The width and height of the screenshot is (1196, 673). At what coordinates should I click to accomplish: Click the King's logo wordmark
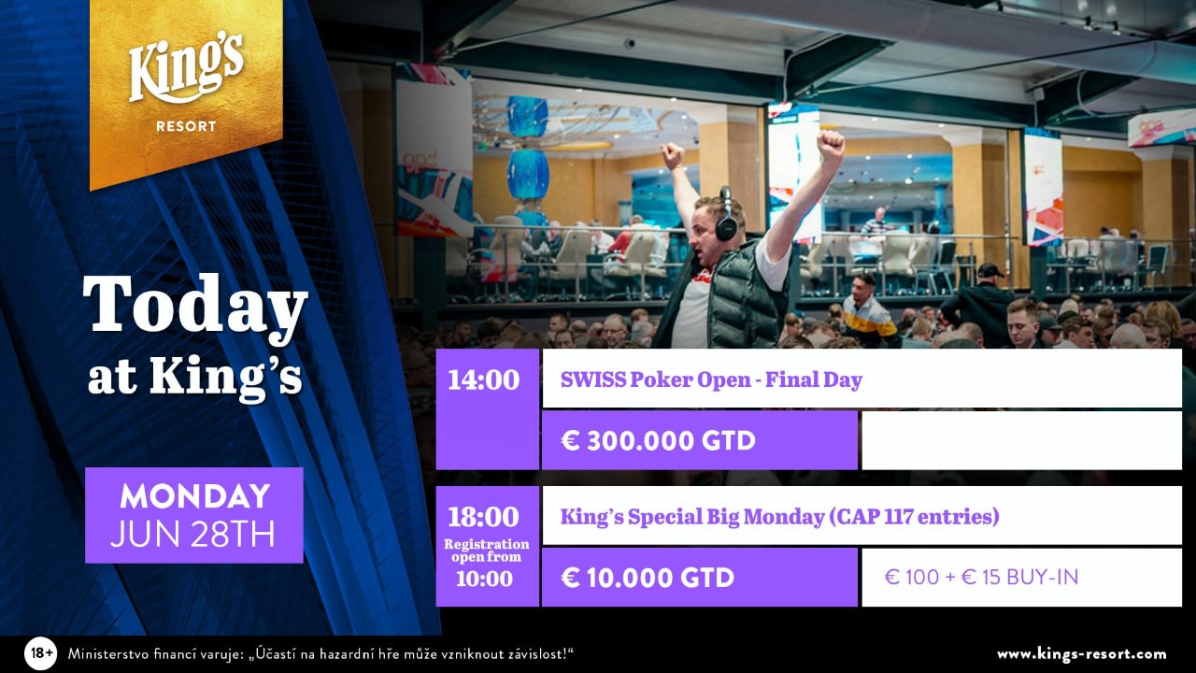click(186, 68)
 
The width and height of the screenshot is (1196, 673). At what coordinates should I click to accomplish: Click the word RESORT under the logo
click(186, 126)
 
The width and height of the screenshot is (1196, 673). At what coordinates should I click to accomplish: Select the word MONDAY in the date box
click(194, 495)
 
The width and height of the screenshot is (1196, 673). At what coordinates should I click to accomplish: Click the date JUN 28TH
click(192, 534)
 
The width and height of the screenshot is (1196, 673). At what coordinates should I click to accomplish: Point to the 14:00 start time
click(484, 380)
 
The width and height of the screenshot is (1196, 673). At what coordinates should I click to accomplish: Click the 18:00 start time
click(484, 517)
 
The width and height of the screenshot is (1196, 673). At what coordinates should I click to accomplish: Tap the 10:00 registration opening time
click(484, 579)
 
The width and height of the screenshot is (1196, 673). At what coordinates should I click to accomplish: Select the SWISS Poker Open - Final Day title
click(711, 379)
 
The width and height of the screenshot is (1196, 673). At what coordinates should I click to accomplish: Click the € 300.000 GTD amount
click(659, 440)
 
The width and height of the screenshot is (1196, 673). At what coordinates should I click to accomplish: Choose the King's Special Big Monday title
click(779, 517)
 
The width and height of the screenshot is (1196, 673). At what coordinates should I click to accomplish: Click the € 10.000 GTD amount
click(648, 578)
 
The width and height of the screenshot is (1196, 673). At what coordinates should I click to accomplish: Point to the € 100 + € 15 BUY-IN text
click(981, 577)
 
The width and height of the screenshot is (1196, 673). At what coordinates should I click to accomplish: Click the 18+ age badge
click(40, 653)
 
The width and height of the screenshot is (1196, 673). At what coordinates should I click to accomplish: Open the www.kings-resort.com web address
click(1082, 654)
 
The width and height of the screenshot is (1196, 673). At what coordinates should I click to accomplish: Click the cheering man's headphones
click(727, 215)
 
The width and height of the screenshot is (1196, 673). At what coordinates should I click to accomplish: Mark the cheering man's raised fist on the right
click(830, 145)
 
